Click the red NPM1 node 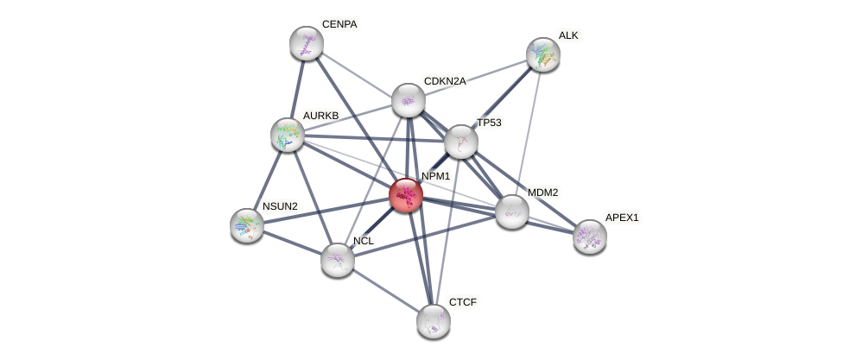click(x=405, y=194)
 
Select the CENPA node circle click(x=306, y=43)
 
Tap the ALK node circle click(x=542, y=54)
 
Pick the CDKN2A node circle click(x=408, y=100)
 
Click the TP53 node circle click(x=460, y=142)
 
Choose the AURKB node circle click(x=287, y=135)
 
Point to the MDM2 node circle click(x=511, y=212)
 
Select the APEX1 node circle click(x=589, y=236)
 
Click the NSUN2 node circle click(x=247, y=224)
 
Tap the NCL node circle click(x=337, y=259)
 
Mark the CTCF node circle click(x=433, y=321)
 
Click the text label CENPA click(x=339, y=24)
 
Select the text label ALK click(x=568, y=35)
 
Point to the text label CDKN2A click(x=444, y=81)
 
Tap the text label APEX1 click(x=621, y=218)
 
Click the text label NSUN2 click(x=280, y=206)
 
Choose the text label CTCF click(x=462, y=302)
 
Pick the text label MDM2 click(x=542, y=193)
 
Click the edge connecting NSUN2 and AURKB click(x=267, y=180)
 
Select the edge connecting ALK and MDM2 click(x=527, y=133)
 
